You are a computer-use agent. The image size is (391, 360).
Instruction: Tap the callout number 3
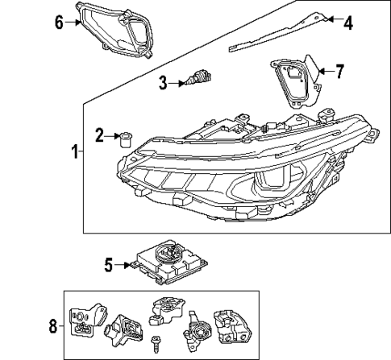click(163, 81)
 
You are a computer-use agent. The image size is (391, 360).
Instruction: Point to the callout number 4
click(348, 23)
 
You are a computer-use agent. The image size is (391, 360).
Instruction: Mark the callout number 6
click(59, 22)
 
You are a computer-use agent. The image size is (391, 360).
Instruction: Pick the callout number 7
click(339, 72)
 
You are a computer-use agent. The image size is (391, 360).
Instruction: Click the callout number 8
click(53, 326)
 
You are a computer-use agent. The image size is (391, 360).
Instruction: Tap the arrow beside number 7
click(322, 72)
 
